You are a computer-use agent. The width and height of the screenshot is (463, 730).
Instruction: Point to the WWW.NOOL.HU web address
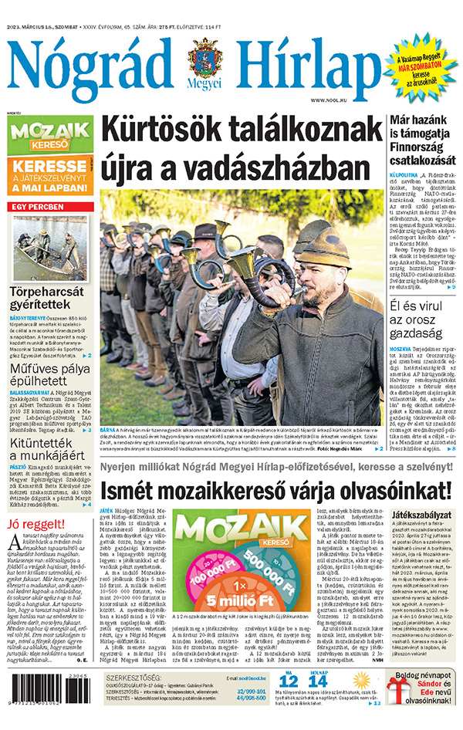point(329,100)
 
